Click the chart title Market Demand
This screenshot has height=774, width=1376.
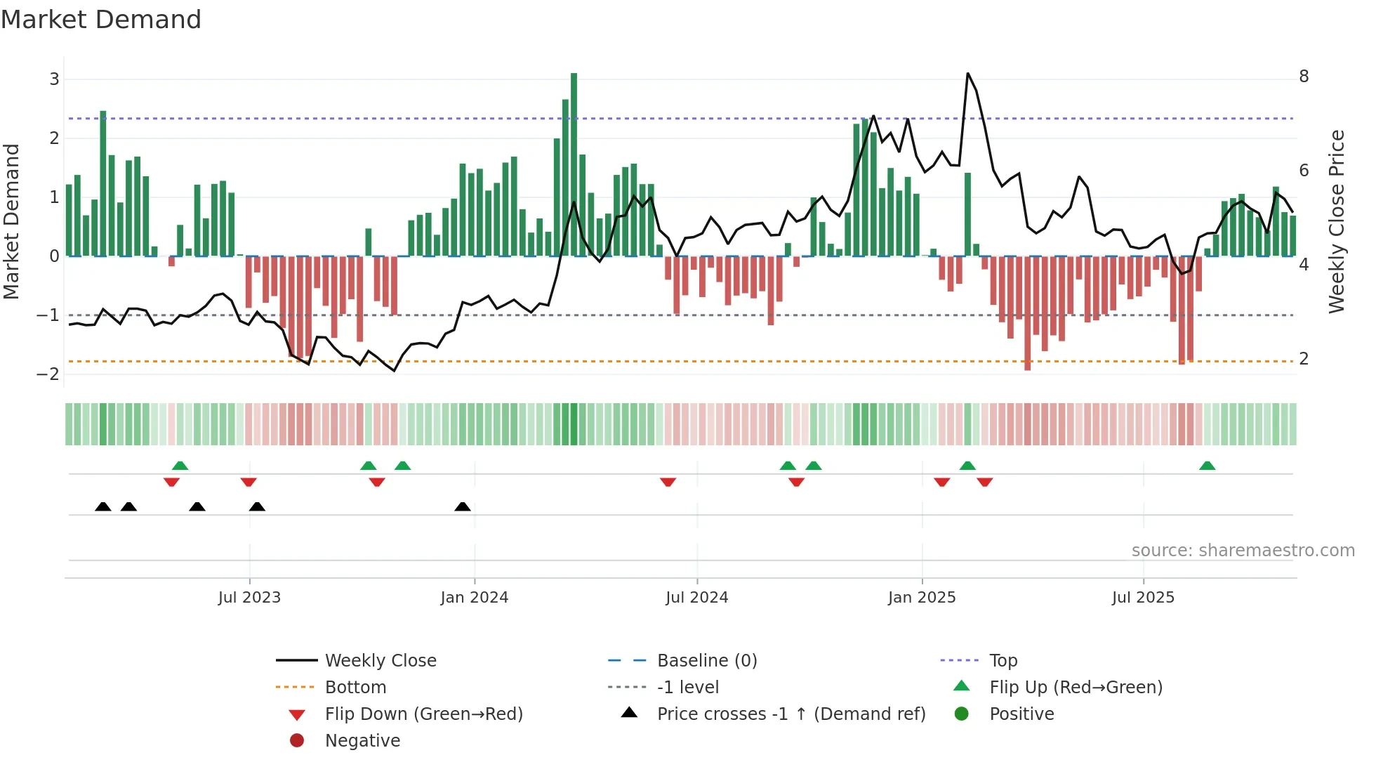pyautogui.click(x=101, y=20)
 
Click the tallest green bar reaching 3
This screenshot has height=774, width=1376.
pyautogui.click(x=574, y=164)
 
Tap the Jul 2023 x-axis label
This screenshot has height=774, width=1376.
pyautogui.click(x=249, y=598)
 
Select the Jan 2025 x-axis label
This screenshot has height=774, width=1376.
pyautogui.click(x=921, y=598)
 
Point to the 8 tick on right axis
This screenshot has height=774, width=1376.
pyautogui.click(x=1304, y=77)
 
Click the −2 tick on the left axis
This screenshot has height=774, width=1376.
pyautogui.click(x=48, y=374)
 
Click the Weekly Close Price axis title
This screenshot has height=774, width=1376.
pyautogui.click(x=1337, y=221)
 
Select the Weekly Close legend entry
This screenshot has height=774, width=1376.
pyautogui.click(x=380, y=661)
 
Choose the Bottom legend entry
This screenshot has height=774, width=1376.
pyautogui.click(x=355, y=688)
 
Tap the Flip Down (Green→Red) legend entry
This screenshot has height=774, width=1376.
pyautogui.click(x=423, y=714)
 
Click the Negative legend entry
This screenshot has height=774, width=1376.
pyautogui.click(x=362, y=741)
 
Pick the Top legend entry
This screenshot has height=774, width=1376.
pyautogui.click(x=1003, y=661)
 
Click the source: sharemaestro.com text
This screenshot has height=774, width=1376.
pyautogui.click(x=1243, y=551)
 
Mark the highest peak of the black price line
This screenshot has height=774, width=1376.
pyautogui.click(x=967, y=74)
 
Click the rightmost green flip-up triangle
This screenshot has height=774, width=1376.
pyautogui.click(x=1207, y=466)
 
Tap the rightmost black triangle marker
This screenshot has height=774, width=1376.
pyautogui.click(x=463, y=507)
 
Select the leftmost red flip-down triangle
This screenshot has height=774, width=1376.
pyautogui.click(x=171, y=482)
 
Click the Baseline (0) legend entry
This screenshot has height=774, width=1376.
pyautogui.click(x=706, y=661)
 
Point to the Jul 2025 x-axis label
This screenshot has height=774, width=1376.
pyautogui.click(x=1142, y=598)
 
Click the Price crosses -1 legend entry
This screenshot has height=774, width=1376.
pyautogui.click(x=790, y=714)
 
